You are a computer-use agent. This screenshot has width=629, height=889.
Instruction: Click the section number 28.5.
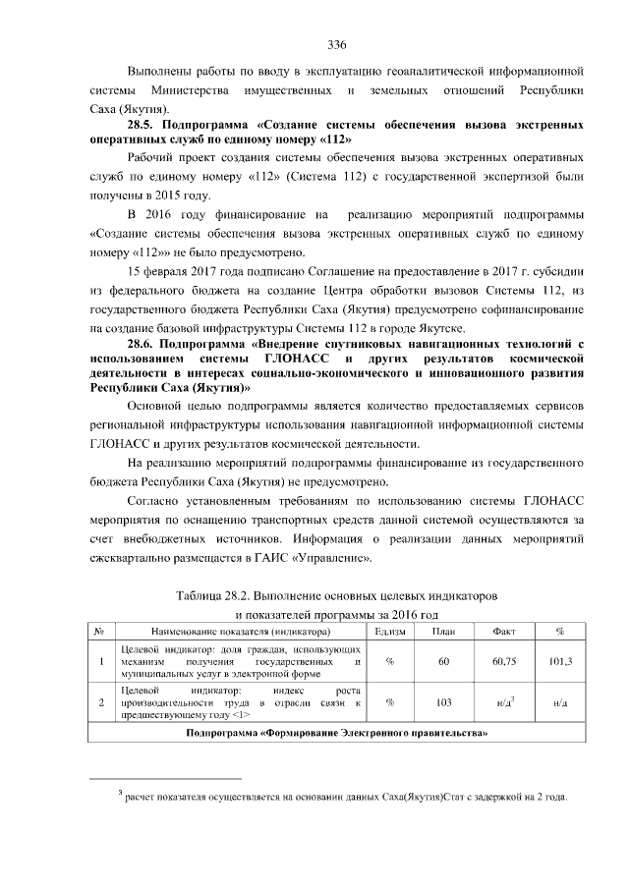[144, 126]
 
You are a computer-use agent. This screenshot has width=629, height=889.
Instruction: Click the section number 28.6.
[144, 344]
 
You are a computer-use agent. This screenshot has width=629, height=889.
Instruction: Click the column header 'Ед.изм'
[390, 631]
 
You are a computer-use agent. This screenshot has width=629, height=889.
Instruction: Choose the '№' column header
[100, 631]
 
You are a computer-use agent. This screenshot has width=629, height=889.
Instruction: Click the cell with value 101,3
[560, 662]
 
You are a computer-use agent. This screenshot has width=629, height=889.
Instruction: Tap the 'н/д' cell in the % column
[560, 703]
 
